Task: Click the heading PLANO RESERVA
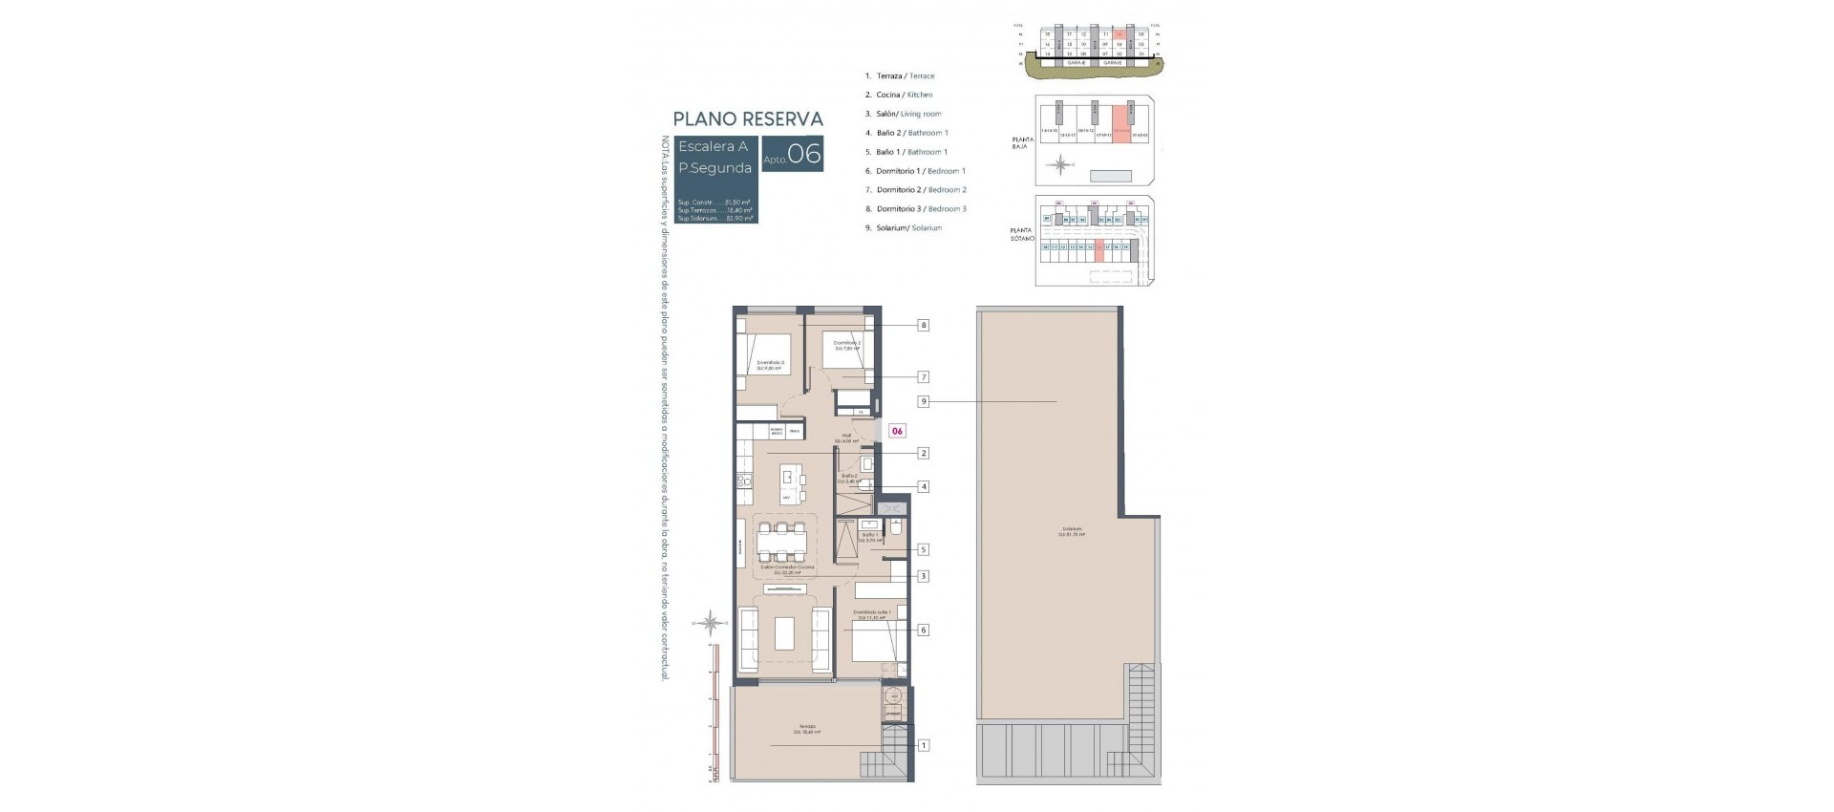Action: (x=748, y=119)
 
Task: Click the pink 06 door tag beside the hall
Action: (x=897, y=431)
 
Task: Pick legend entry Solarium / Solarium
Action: (x=908, y=228)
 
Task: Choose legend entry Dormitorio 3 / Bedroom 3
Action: (x=921, y=209)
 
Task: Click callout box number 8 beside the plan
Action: (x=924, y=325)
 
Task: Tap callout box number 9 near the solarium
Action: (x=924, y=402)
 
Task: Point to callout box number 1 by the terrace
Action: (x=924, y=745)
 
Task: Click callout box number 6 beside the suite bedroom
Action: (x=924, y=630)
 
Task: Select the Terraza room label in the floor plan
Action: (x=808, y=729)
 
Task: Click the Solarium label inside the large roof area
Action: (x=1071, y=532)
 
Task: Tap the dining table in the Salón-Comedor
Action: (x=781, y=543)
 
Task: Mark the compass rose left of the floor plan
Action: (x=709, y=624)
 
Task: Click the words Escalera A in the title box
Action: (x=713, y=147)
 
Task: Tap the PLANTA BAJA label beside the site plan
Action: (x=1022, y=143)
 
